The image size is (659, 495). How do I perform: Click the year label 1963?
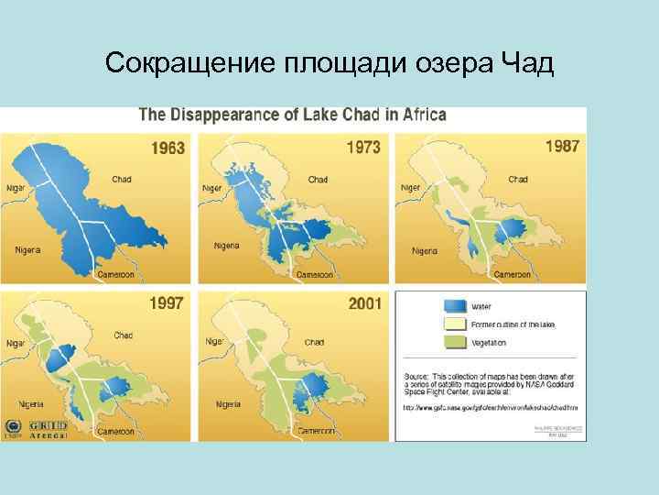pyautogui.click(x=167, y=148)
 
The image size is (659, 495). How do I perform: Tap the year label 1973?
pyautogui.click(x=363, y=147)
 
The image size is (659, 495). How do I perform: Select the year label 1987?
pyautogui.click(x=562, y=146)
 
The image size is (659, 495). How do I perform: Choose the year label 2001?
pyautogui.click(x=365, y=302)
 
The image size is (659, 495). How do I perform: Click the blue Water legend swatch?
pyautogui.click(x=455, y=306)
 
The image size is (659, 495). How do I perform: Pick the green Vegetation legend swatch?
pyautogui.click(x=455, y=342)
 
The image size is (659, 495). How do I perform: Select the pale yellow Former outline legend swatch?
pyautogui.click(x=455, y=324)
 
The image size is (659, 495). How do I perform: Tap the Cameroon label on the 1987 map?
pyautogui.click(x=512, y=274)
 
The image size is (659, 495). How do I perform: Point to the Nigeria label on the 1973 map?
pyautogui.click(x=226, y=246)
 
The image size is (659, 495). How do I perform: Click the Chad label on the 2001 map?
pyautogui.click(x=314, y=342)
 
